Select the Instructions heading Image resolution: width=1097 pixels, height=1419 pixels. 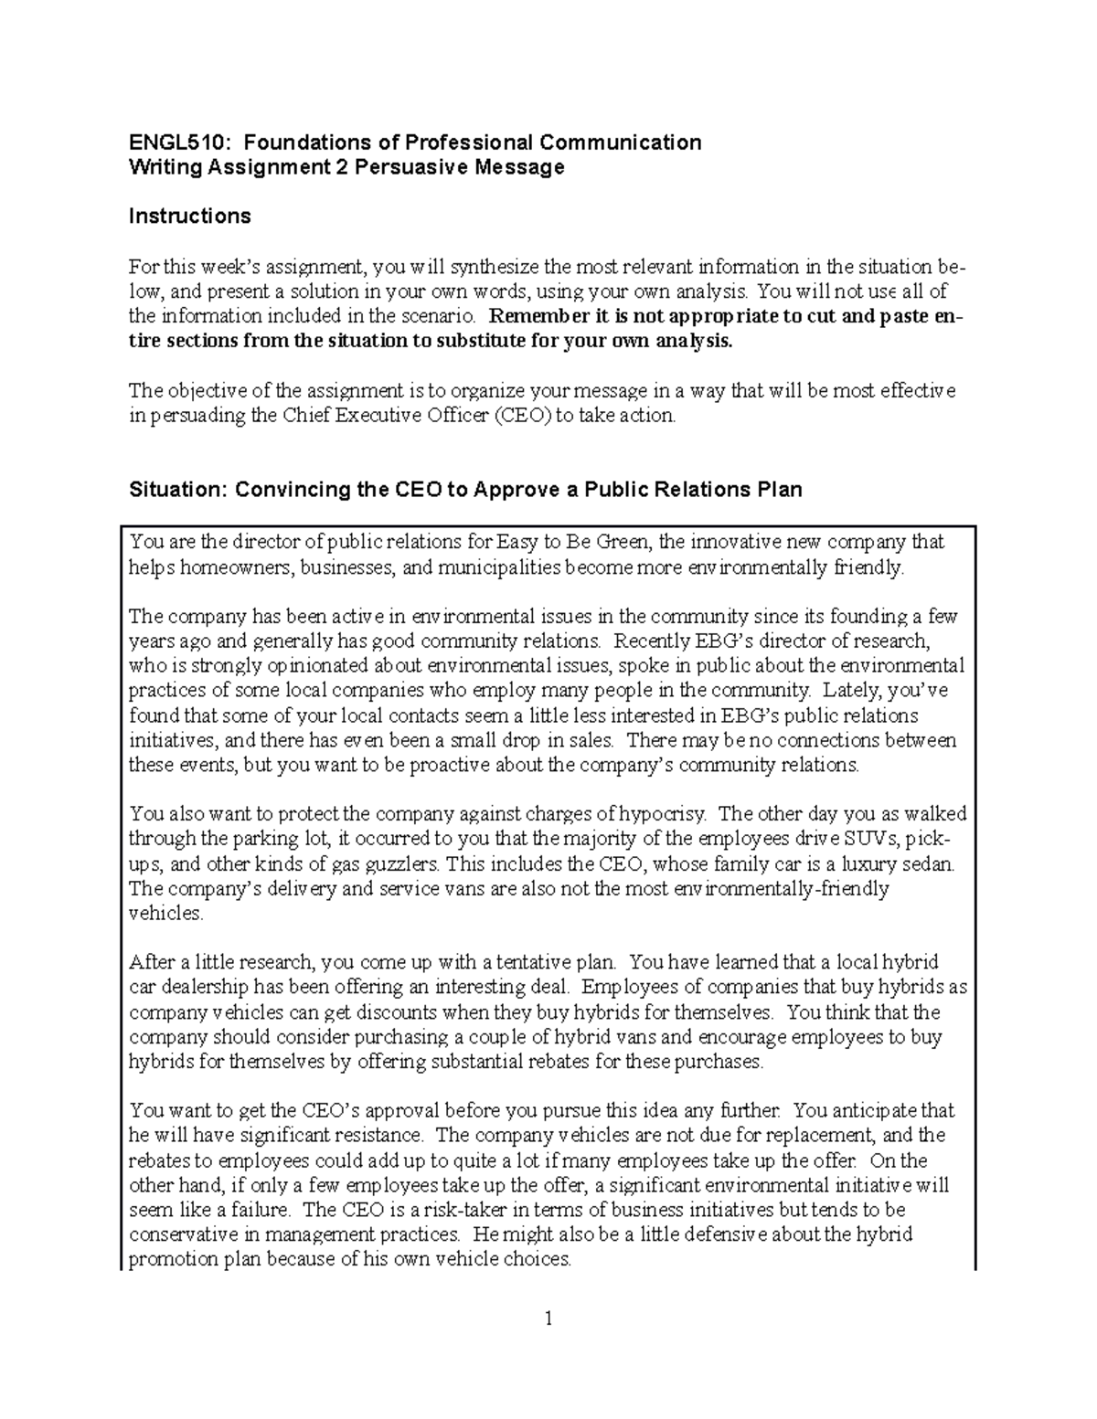coord(189,217)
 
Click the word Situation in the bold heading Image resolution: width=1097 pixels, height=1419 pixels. coord(176,490)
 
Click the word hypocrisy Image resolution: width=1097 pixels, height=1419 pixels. coord(664,814)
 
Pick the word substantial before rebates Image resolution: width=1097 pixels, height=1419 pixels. coord(475,1062)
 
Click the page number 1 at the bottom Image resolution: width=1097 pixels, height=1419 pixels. coord(548,1318)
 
